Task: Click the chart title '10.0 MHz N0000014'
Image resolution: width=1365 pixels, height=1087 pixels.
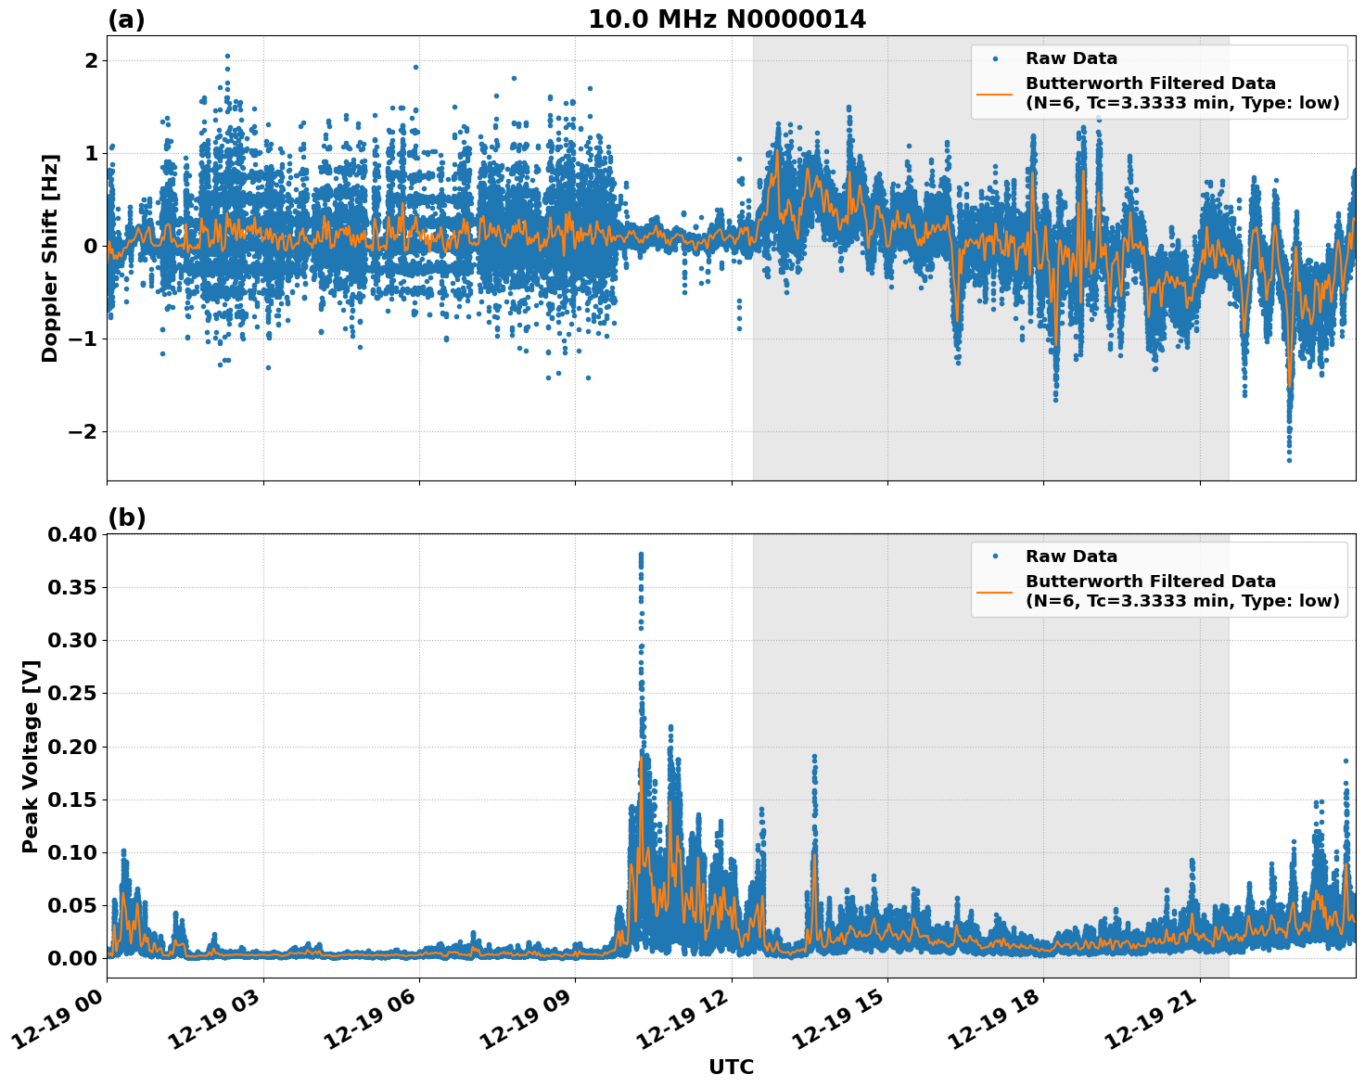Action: click(727, 19)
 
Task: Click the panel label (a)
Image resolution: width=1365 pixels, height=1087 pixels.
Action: click(126, 19)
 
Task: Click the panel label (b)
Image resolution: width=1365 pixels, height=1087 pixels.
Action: click(126, 518)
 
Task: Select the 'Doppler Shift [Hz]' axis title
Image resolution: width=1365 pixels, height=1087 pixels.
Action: click(50, 258)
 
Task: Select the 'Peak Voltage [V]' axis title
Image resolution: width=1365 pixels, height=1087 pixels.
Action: click(31, 756)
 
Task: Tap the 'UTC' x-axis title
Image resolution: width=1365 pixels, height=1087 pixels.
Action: click(731, 1067)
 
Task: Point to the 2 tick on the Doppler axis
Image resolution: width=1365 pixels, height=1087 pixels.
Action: click(91, 60)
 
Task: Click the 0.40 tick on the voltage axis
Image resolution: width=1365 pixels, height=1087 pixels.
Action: click(72, 534)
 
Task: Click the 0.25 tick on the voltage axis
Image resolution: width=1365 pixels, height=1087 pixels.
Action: click(72, 693)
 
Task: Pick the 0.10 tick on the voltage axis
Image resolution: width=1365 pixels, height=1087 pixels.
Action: click(72, 852)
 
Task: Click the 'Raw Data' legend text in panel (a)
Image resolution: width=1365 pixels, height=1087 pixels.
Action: click(1071, 58)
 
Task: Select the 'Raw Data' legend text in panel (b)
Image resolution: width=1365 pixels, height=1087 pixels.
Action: click(1071, 556)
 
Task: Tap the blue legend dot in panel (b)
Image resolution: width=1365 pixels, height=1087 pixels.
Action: click(994, 556)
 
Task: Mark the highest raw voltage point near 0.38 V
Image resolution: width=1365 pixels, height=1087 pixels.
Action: click(641, 555)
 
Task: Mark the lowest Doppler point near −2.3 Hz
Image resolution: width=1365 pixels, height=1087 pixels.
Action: click(1289, 460)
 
